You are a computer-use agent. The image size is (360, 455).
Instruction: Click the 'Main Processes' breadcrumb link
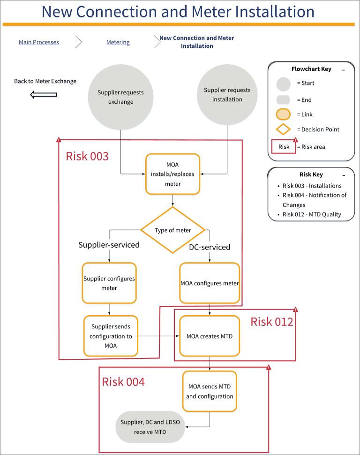coord(39,42)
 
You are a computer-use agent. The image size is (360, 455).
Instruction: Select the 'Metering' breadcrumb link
coord(118,42)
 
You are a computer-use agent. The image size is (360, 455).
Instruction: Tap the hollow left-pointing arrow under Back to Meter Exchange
coord(44,95)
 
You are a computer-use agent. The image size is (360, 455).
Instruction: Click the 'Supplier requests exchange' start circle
coord(121,97)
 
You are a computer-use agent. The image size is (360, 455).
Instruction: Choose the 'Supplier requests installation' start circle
coord(227,95)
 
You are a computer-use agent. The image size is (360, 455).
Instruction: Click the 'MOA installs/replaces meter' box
coord(172,174)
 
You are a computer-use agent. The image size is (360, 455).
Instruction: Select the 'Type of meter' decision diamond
coord(173,230)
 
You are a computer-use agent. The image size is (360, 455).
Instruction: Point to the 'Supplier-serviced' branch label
coord(109,245)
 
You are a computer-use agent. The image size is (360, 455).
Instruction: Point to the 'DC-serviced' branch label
coord(210,247)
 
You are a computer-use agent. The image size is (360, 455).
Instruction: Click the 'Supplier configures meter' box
coord(109,283)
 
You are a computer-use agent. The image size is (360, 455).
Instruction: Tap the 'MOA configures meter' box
coord(210,283)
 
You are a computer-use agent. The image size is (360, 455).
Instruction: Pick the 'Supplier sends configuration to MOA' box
coord(112,336)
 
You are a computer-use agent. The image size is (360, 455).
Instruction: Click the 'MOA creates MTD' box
coord(210,336)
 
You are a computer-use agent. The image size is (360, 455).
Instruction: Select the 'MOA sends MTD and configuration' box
coord(210,391)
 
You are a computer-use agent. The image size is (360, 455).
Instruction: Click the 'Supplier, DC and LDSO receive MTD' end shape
coord(150,427)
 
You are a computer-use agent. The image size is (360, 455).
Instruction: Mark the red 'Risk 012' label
coord(271,322)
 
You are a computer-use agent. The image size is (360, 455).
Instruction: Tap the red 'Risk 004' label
coord(123,382)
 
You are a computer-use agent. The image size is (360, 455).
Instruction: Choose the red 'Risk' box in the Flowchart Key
coord(284,147)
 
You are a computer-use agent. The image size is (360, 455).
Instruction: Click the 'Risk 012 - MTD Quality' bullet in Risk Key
coord(312,214)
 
